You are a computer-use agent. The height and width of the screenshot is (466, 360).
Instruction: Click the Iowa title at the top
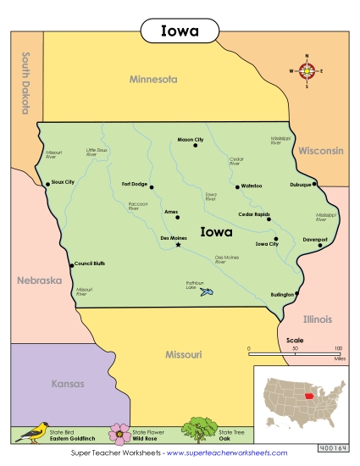[x=180, y=31]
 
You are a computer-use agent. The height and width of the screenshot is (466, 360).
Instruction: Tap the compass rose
[x=307, y=71]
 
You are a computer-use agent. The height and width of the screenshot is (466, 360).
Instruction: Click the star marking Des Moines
[x=178, y=245]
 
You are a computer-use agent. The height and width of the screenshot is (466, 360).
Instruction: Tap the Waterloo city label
[x=252, y=186]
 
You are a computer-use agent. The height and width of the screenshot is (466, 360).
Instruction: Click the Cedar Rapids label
[x=253, y=214]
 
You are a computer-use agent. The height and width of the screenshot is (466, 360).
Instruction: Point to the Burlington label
[x=280, y=294]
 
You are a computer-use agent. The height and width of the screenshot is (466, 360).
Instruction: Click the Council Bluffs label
[x=89, y=264]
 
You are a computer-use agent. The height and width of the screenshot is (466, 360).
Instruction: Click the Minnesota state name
[x=153, y=79]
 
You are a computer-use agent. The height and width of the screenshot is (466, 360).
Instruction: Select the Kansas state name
[x=69, y=384]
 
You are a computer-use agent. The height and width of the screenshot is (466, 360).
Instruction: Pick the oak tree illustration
[x=200, y=429]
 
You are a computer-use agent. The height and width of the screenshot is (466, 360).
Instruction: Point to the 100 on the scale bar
[x=339, y=348]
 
